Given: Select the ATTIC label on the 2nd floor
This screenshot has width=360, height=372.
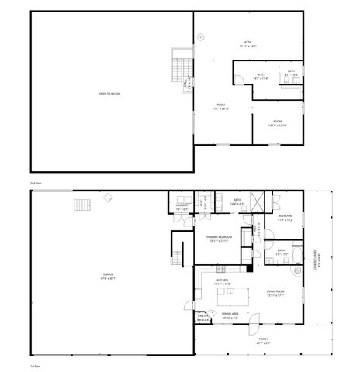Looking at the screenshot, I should (x=248, y=41).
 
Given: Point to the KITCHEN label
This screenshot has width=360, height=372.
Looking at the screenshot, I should (x=221, y=281).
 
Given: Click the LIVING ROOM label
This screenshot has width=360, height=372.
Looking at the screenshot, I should (x=276, y=292).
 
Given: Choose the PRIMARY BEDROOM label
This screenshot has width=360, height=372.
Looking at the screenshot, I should (x=220, y=238).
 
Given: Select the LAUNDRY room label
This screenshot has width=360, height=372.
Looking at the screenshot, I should (x=181, y=207).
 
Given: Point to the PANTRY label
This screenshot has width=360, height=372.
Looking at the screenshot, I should (x=202, y=315).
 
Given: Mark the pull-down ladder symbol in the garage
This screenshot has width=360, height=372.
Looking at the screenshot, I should (x=82, y=205).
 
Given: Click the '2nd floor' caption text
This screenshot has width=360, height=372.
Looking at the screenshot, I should (x=34, y=183).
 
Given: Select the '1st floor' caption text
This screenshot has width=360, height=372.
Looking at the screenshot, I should (x=34, y=364).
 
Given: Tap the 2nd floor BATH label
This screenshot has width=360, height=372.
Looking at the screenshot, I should (x=292, y=72).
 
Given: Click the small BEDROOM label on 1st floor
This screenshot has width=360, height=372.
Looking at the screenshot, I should (x=285, y=216).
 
